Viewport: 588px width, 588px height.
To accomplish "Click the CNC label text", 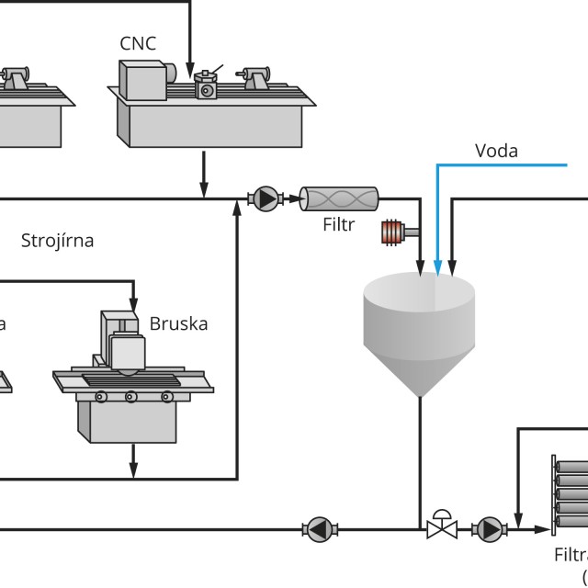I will (x=138, y=42).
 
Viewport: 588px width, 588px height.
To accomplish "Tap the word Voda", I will (x=496, y=150).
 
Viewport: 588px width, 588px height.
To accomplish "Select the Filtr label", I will (x=338, y=223).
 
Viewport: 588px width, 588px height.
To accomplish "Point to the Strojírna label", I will (x=58, y=242).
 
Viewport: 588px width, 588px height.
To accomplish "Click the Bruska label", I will (x=178, y=323).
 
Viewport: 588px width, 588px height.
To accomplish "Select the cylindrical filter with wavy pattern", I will (x=339, y=197).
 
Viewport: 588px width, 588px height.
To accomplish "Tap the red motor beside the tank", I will (x=394, y=232).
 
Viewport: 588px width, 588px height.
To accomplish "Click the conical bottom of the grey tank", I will (x=420, y=373).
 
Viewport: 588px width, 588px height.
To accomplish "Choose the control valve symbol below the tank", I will (x=442, y=527).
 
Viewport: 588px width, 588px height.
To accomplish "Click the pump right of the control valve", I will (x=488, y=528).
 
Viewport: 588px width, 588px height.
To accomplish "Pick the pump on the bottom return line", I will (x=318, y=528).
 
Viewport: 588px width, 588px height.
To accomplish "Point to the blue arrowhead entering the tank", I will (x=437, y=268).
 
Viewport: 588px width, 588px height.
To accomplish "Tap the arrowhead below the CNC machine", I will (x=204, y=188).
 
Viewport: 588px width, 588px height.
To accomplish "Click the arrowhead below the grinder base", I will (x=134, y=469).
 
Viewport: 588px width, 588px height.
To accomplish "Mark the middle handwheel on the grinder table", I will (x=131, y=396).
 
